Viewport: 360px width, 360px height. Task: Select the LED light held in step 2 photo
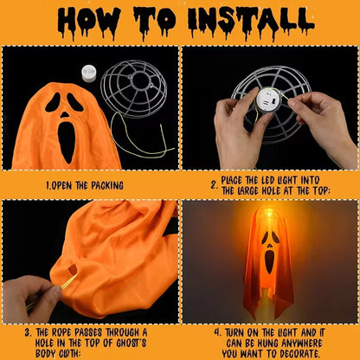(267, 101)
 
